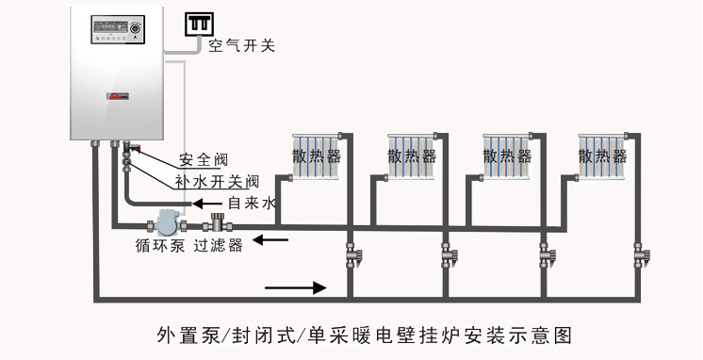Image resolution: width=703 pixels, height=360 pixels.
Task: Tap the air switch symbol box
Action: click(199, 24)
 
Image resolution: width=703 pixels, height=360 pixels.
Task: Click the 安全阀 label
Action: click(204, 160)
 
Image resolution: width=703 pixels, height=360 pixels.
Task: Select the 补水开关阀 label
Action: click(216, 181)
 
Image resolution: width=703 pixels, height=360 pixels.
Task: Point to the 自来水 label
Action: click(252, 203)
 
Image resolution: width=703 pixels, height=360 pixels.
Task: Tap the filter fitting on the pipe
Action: click(218, 224)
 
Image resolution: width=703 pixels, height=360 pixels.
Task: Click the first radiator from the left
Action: click(314, 155)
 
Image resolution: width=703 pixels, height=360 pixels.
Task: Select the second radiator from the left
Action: click(411, 155)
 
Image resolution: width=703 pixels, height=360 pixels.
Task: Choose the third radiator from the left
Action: click(507, 155)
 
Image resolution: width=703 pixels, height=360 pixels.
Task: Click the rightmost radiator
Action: click(603, 155)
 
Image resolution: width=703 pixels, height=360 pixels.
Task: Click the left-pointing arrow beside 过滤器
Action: click(274, 240)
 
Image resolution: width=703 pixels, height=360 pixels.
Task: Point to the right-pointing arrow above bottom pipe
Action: click(296, 286)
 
